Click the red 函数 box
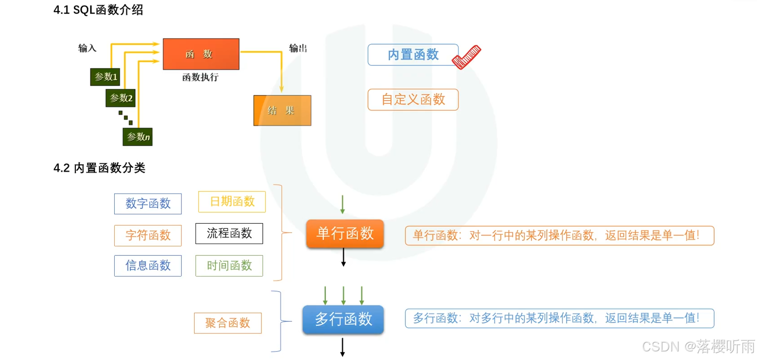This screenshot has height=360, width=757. click(201, 54)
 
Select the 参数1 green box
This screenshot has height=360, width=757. click(105, 77)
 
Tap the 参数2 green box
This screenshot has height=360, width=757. click(121, 98)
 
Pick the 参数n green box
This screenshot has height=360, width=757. click(138, 137)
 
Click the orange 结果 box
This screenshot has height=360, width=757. click(282, 111)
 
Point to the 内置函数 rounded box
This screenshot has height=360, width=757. click(413, 55)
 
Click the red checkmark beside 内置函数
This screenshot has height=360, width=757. click(467, 57)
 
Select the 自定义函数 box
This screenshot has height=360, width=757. click(413, 99)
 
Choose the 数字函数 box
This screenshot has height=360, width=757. click(148, 204)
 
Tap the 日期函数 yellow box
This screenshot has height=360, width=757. click(232, 202)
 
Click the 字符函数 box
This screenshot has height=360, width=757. click(148, 235)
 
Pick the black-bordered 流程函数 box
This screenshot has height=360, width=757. click(229, 233)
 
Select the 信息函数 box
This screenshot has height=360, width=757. click(148, 266)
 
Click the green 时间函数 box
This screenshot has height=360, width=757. click(229, 266)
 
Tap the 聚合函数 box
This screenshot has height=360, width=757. click(228, 323)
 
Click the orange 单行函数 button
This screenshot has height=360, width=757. click(345, 234)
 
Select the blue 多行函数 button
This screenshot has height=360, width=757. click(343, 319)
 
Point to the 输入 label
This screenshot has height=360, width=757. click(87, 48)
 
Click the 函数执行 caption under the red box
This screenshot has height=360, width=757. click(200, 77)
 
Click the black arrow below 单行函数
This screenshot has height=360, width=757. click(344, 258)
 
